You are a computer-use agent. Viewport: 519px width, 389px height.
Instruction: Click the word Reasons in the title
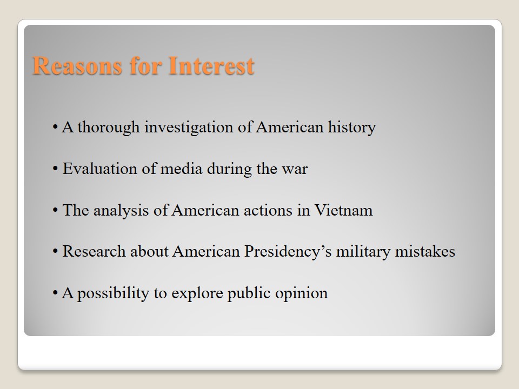(x=77, y=65)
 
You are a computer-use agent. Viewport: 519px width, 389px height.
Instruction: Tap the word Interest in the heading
(x=211, y=65)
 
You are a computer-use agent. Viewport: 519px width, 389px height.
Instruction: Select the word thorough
(x=109, y=128)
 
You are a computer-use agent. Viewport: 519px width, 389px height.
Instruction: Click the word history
(x=352, y=128)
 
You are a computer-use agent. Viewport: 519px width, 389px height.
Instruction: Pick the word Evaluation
(x=100, y=169)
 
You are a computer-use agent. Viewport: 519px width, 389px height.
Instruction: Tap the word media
(x=181, y=169)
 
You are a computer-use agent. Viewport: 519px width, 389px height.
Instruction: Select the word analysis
(x=121, y=211)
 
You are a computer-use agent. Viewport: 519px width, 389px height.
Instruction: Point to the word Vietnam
(x=343, y=210)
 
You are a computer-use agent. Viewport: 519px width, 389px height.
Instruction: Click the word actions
(x=268, y=211)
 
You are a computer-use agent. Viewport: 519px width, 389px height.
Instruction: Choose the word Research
(x=94, y=251)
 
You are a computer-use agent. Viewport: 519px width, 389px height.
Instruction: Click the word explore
(x=197, y=293)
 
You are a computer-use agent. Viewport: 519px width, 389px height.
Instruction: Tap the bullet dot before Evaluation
(x=55, y=169)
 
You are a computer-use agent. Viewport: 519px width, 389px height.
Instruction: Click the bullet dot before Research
(x=55, y=251)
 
